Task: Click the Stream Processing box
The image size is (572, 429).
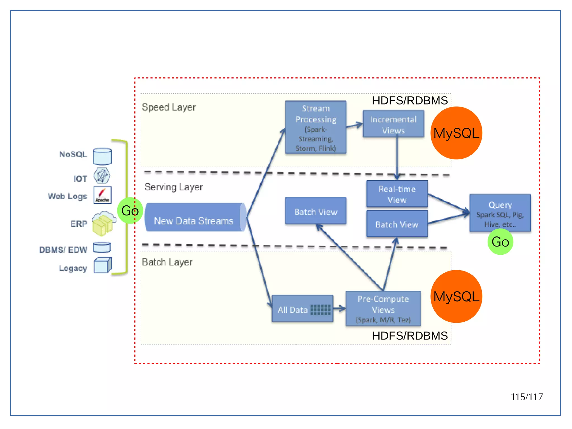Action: coord(316,127)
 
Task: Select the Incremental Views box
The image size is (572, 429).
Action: coord(393,124)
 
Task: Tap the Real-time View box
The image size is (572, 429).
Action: coord(397,194)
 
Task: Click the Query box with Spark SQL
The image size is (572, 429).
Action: coord(500,213)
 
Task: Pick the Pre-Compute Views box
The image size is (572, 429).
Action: coord(383,309)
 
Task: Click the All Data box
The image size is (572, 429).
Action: coord(302,309)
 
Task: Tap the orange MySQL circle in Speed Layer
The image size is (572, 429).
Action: coord(456,133)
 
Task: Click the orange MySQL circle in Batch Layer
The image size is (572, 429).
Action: coord(456,296)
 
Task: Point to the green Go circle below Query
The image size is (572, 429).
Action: coord(500,242)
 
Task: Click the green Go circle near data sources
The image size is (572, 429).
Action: coord(130,210)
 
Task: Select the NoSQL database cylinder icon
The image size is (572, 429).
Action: coord(102,156)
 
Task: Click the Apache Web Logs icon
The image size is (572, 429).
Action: coord(102,195)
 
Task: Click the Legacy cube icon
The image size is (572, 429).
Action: coord(102,265)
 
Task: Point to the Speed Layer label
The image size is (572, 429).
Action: coord(169,107)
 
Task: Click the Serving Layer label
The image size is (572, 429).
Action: coord(173,187)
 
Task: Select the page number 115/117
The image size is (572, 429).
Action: coord(526,397)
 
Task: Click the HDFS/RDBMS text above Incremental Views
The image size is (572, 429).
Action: coord(410,101)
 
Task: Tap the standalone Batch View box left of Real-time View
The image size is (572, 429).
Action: coord(316,211)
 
